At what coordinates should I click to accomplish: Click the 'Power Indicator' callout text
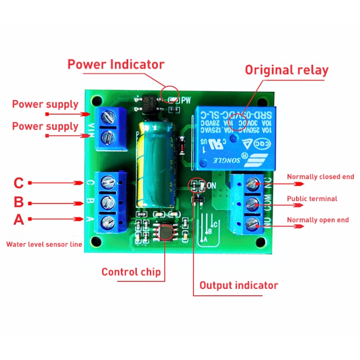pos(116,64)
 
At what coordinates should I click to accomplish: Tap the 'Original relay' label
pos(287,70)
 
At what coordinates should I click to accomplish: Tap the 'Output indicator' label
pos(239,285)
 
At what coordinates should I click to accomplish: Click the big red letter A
pos(18,219)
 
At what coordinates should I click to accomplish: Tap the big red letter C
pos(18,183)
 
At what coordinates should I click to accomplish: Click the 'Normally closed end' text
pos(320,177)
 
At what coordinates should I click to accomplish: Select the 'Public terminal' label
pos(312,198)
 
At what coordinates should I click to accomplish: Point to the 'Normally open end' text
pos(318,220)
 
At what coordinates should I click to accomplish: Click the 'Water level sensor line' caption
pos(44,244)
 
